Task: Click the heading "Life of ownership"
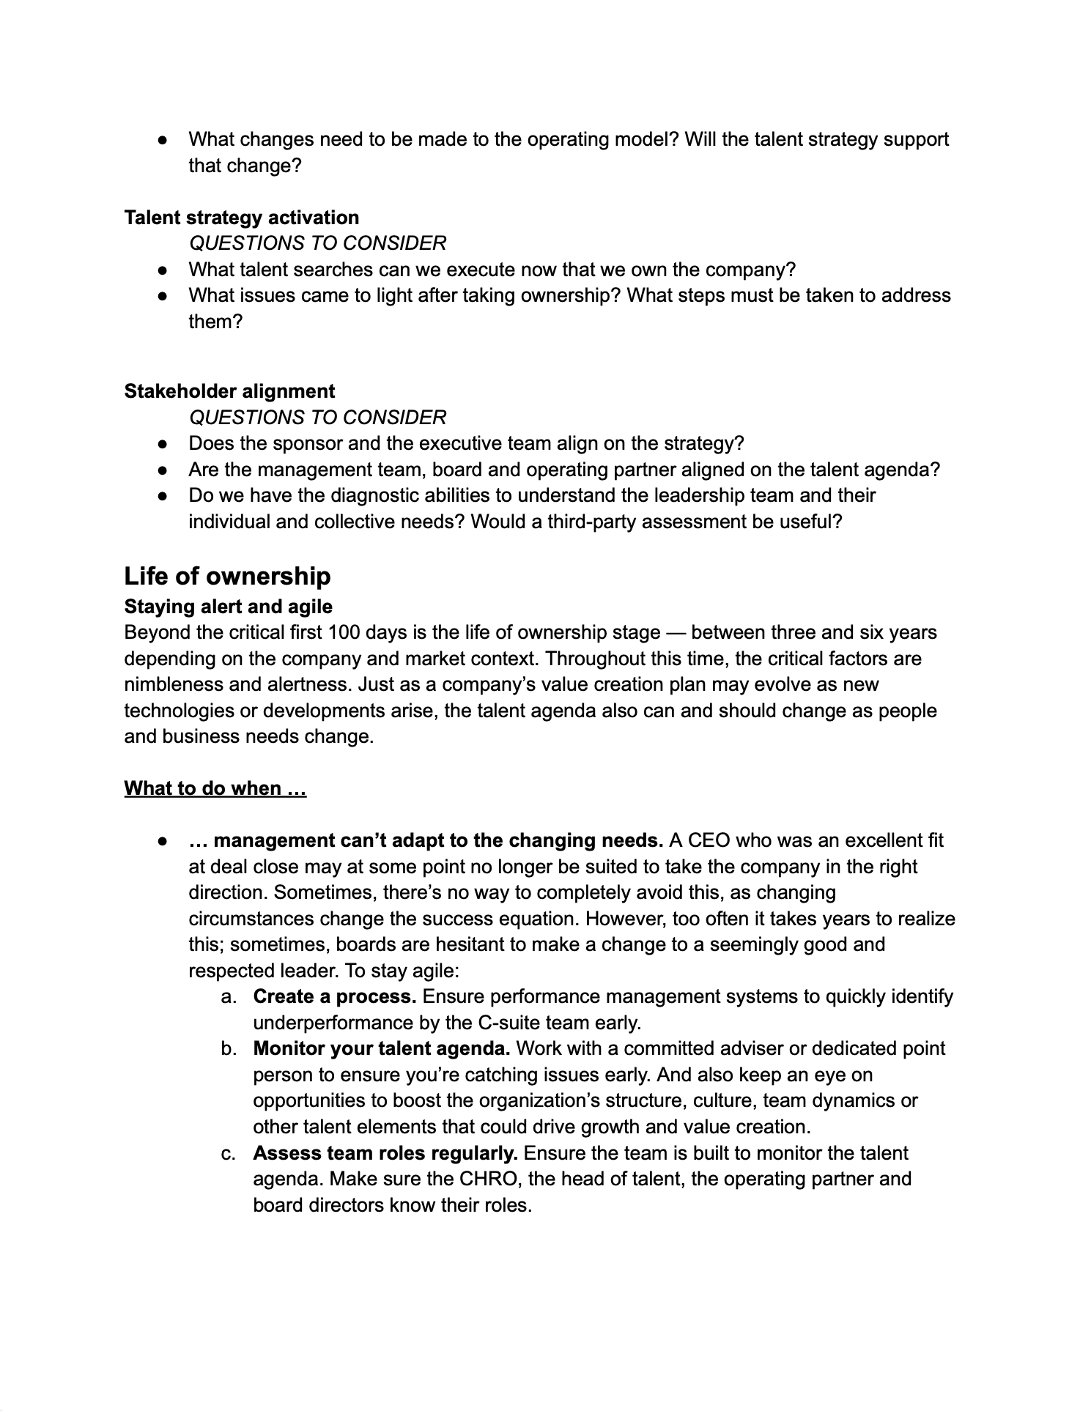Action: click(227, 577)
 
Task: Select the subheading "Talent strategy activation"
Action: click(242, 218)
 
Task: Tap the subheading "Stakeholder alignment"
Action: click(229, 391)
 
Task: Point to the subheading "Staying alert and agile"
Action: click(228, 607)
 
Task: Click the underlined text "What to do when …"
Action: click(215, 788)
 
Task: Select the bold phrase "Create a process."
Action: click(335, 996)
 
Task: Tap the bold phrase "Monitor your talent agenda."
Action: click(382, 1048)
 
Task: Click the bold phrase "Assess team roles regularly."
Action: click(385, 1153)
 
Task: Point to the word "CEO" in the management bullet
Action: click(707, 840)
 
